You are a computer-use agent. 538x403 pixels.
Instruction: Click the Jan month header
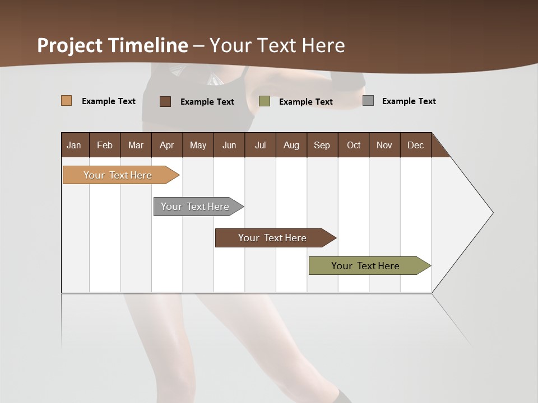tap(74, 145)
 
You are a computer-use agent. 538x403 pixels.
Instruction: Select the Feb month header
tap(105, 145)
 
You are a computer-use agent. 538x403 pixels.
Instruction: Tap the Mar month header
tap(136, 145)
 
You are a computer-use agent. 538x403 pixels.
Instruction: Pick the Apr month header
tap(167, 145)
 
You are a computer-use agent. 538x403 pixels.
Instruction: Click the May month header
tap(198, 145)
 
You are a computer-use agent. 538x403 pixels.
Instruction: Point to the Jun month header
tap(229, 145)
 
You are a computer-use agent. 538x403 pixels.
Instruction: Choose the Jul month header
tap(260, 145)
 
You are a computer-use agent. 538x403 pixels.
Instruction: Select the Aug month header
tap(291, 145)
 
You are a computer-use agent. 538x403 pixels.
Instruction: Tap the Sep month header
tap(322, 145)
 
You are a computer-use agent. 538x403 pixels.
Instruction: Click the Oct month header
tap(354, 145)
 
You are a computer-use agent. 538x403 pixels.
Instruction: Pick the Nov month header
tap(384, 145)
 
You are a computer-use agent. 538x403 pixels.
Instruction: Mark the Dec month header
tap(416, 145)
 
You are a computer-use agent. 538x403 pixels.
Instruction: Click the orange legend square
tap(67, 101)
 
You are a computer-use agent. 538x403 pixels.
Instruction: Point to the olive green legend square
tap(265, 101)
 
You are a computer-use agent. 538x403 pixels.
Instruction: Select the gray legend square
tap(368, 101)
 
